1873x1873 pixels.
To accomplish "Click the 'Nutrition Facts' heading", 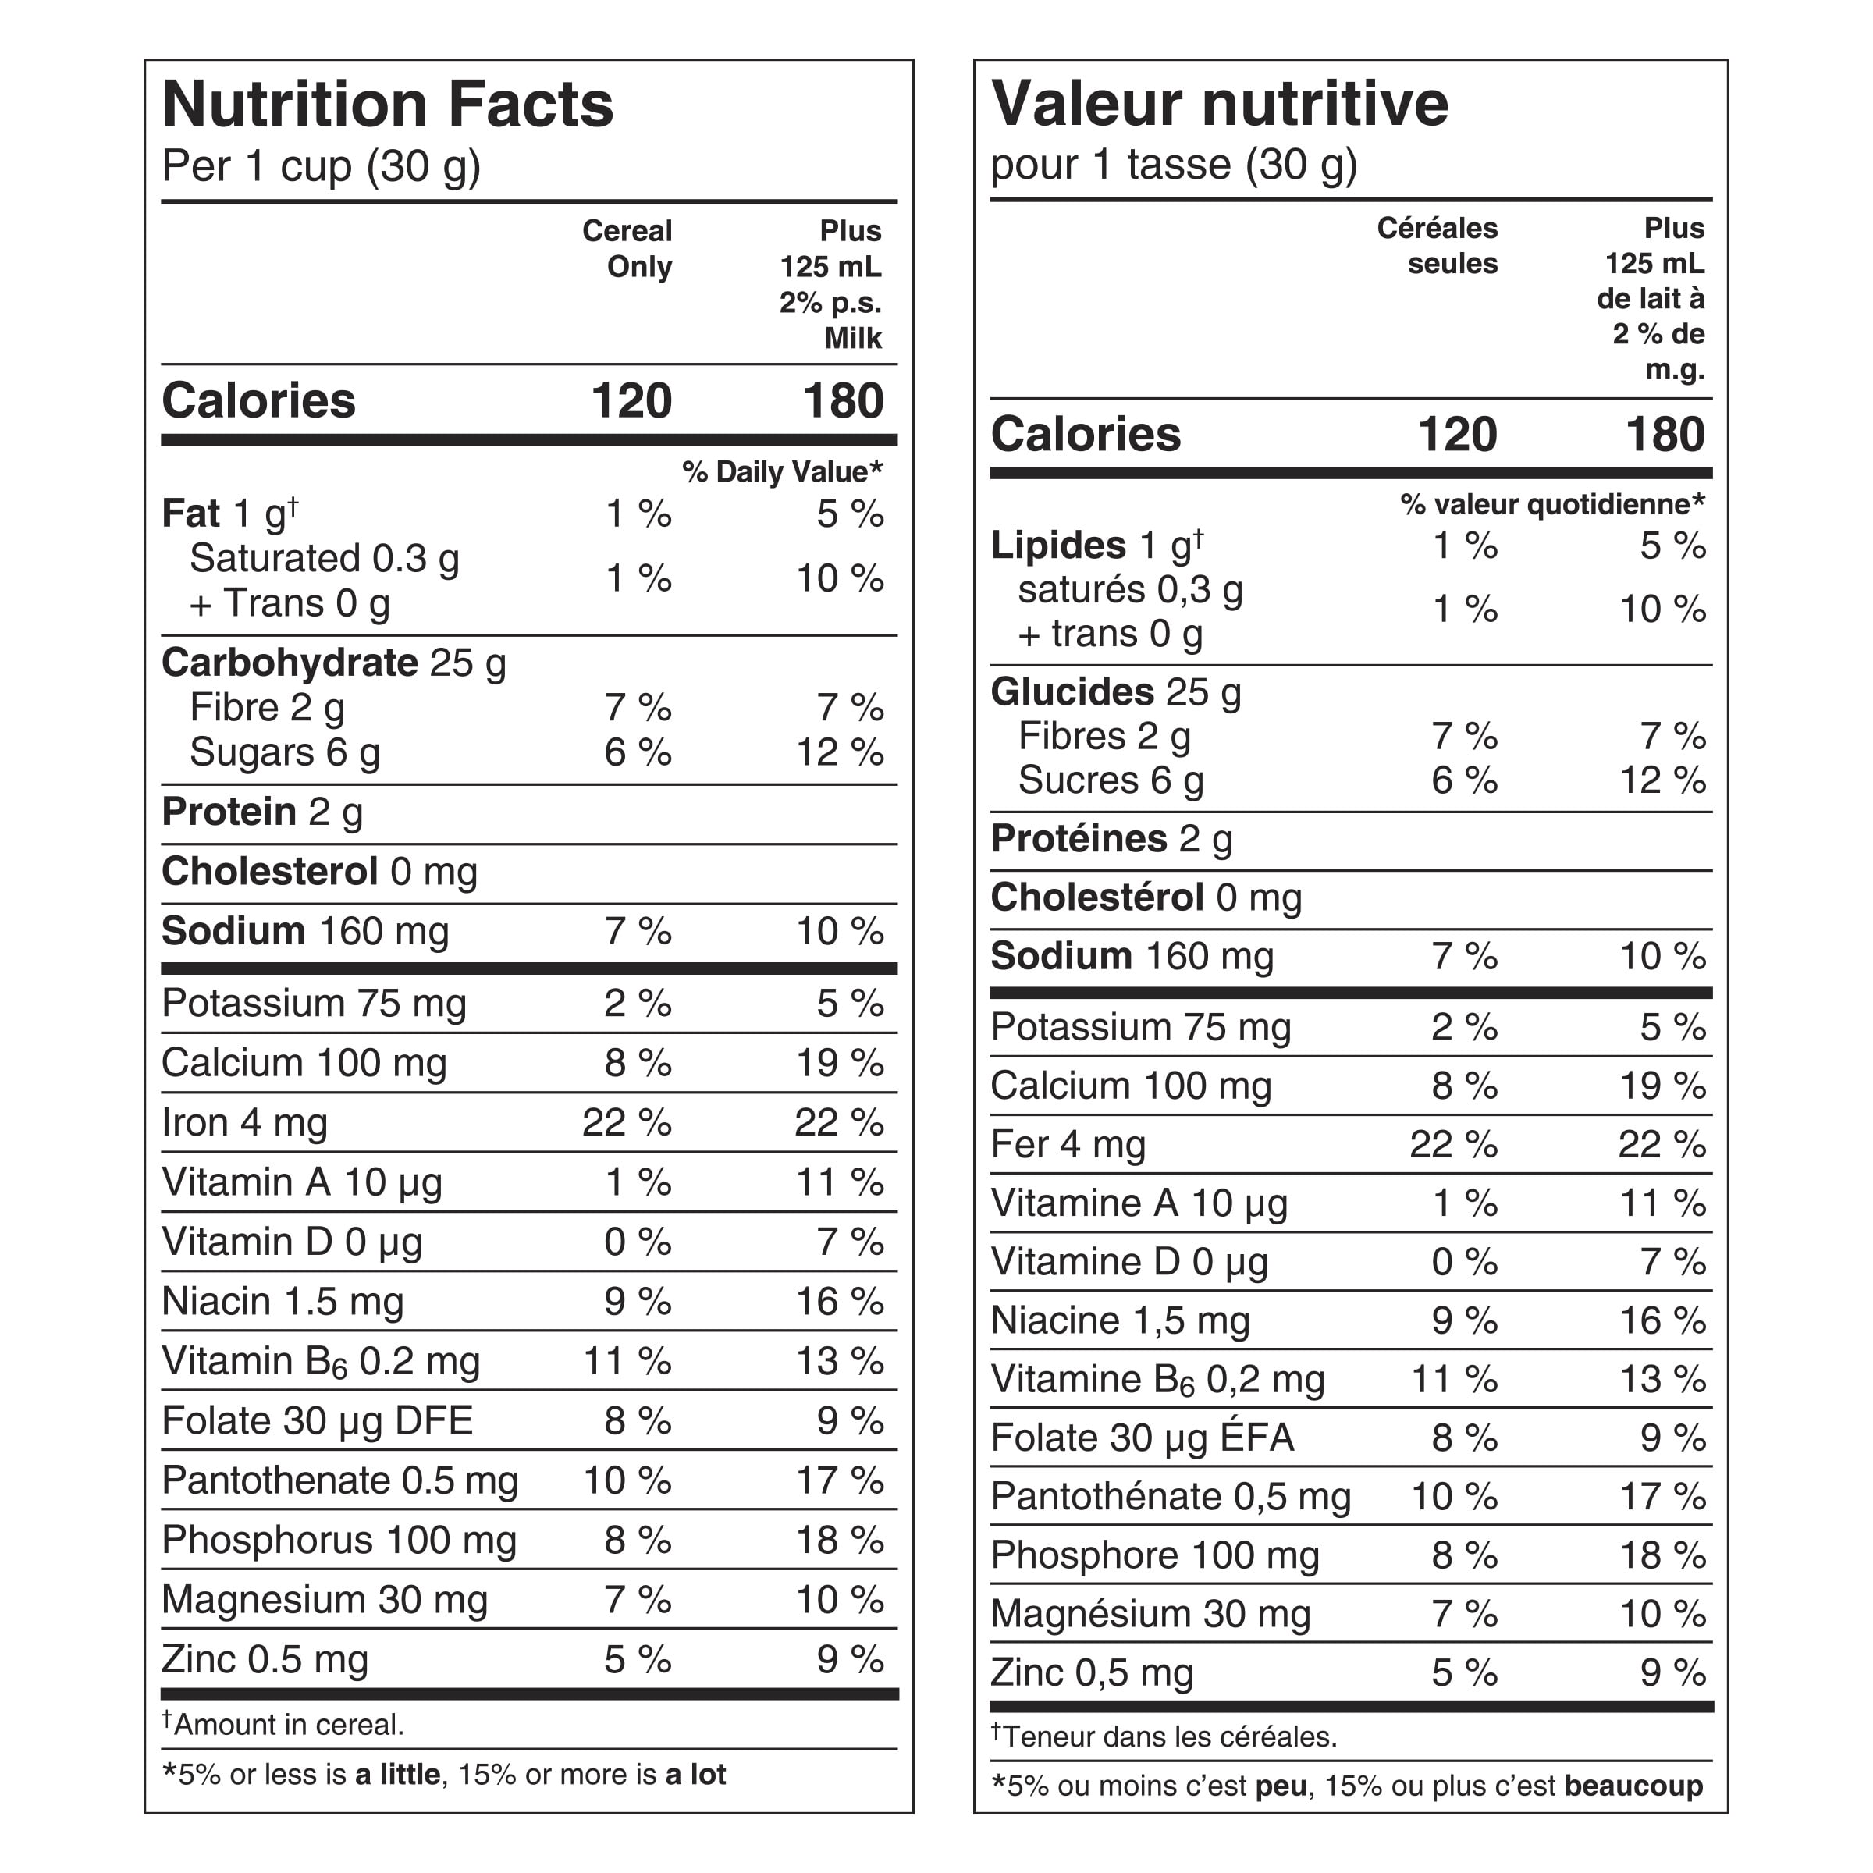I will tap(388, 105).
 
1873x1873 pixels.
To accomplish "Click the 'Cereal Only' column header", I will tap(628, 249).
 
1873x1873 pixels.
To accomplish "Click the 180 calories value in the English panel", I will tap(843, 401).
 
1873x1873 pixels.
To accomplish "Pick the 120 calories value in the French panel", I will tap(1456, 435).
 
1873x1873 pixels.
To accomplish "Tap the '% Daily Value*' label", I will tap(781, 472).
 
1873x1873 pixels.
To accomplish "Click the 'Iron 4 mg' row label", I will tap(244, 1123).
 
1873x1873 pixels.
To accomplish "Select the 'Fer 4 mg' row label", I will tap(1068, 1145).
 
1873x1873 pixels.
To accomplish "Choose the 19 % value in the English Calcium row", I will tap(839, 1064).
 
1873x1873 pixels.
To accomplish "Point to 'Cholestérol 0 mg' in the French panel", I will tap(1146, 897).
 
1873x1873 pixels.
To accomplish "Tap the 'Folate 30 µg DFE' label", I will tap(317, 1421).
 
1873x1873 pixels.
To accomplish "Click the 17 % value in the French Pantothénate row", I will tap(1662, 1497).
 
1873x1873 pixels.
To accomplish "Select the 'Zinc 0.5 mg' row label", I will tap(265, 1660).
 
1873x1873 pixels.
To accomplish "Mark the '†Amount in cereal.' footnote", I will tap(283, 1725).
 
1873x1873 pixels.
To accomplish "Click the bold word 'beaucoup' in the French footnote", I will tap(1633, 1786).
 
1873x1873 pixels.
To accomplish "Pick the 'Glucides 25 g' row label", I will tap(1115, 692).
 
